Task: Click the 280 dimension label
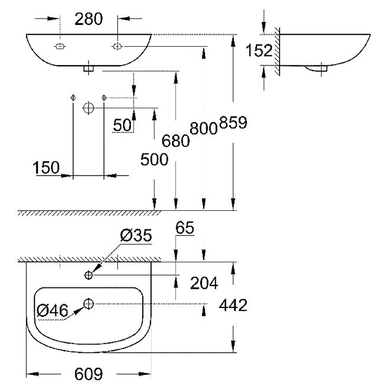click(x=89, y=19)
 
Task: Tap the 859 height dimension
click(x=233, y=123)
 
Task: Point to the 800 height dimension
click(x=204, y=128)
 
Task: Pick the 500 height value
click(x=154, y=159)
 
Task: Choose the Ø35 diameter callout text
click(x=136, y=236)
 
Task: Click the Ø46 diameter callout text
click(x=52, y=311)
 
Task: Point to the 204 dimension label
click(x=204, y=283)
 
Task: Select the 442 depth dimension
click(x=232, y=305)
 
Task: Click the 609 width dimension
click(x=89, y=374)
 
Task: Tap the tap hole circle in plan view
click(x=89, y=275)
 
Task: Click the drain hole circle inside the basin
click(x=89, y=303)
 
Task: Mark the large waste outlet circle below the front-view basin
click(x=88, y=108)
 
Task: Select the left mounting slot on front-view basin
click(x=60, y=46)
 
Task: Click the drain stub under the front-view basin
click(x=88, y=69)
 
